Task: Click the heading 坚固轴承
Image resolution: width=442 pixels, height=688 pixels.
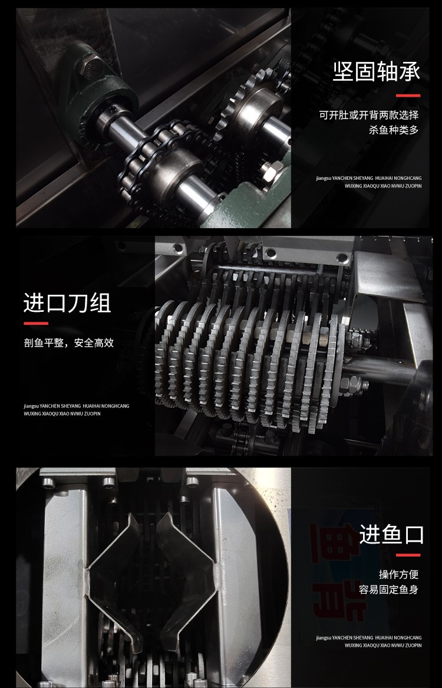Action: point(377,73)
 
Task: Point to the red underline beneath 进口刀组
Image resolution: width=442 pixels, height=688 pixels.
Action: point(35,324)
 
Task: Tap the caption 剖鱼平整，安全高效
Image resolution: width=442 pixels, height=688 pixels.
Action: point(68,343)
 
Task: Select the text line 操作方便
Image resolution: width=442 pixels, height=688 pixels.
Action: point(398,574)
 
